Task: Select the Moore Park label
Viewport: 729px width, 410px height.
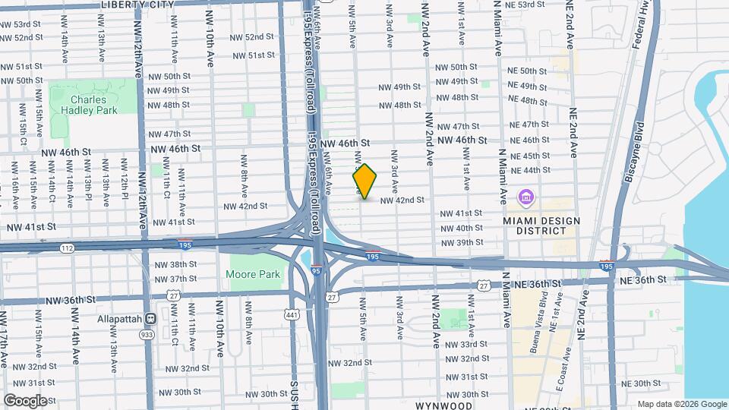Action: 253,274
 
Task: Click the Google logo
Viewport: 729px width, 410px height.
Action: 25,400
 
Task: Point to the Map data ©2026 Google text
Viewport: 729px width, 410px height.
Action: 681,404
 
